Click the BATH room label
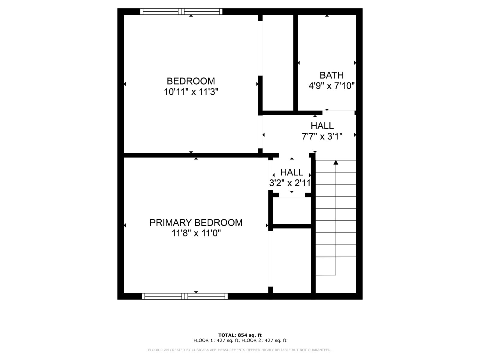click(x=331, y=75)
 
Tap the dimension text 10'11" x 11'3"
click(x=191, y=92)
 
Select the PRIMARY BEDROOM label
click(x=196, y=223)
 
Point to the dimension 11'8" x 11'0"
click(x=196, y=233)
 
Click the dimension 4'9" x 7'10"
click(x=331, y=86)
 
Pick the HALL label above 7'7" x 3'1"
click(x=322, y=126)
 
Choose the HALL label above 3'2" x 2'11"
click(x=292, y=172)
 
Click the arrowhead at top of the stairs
click(x=336, y=162)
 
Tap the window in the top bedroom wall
click(x=181, y=12)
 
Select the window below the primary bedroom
click(x=185, y=296)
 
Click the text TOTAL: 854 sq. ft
click(x=240, y=335)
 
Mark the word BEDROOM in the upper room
click(x=191, y=81)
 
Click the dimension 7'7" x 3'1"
click(x=322, y=136)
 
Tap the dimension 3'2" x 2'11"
click(x=290, y=183)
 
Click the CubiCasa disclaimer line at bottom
click(x=240, y=350)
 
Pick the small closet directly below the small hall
click(x=292, y=211)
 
